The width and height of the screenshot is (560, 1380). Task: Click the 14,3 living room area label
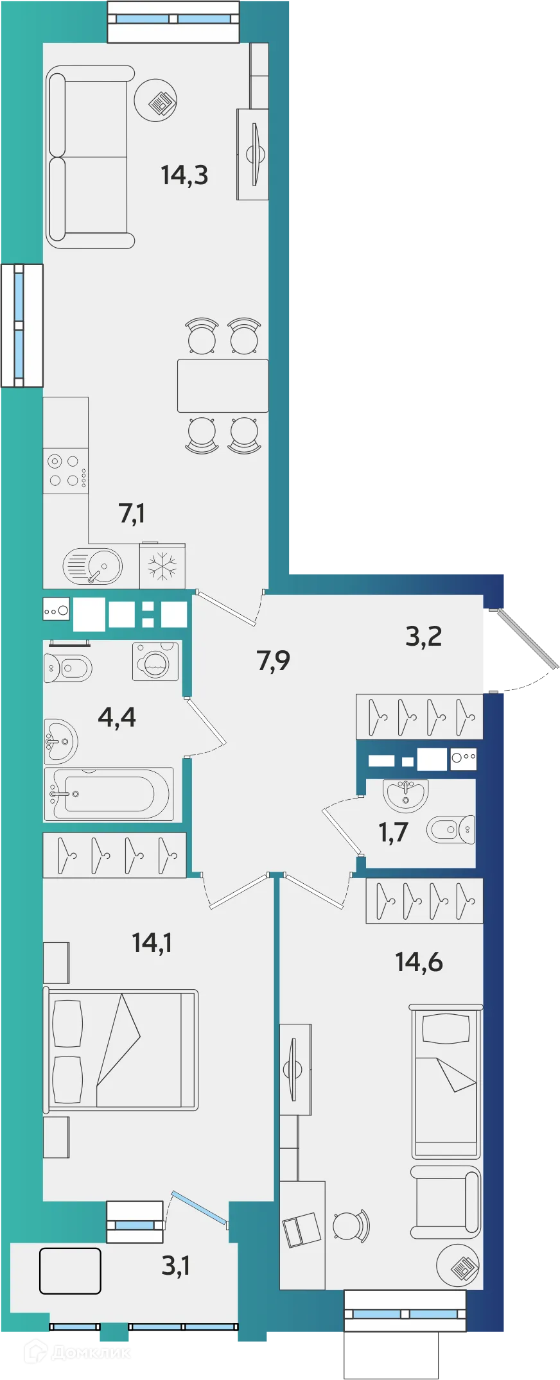[184, 175]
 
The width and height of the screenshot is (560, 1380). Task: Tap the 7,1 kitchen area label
[132, 513]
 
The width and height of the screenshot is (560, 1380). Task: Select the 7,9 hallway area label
[274, 660]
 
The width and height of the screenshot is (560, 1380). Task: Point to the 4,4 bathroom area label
[117, 717]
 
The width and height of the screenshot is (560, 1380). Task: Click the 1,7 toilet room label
[393, 832]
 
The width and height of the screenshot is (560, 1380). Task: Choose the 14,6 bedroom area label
[419, 962]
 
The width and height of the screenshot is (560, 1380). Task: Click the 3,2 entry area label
[424, 636]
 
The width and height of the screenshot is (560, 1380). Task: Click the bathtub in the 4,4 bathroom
[109, 794]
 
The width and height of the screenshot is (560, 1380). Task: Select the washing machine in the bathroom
[155, 662]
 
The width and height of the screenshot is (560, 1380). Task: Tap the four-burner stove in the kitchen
[66, 470]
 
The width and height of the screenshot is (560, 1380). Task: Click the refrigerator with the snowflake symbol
[162, 566]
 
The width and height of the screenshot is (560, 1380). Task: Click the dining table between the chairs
[223, 386]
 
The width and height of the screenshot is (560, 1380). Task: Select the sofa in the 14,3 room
[91, 157]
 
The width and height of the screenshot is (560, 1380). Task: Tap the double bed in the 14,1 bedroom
[121, 1049]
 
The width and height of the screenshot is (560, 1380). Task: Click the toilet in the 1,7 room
[451, 830]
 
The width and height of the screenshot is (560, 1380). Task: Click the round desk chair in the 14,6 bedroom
[351, 1226]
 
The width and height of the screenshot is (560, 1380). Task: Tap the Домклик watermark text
[78, 1352]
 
